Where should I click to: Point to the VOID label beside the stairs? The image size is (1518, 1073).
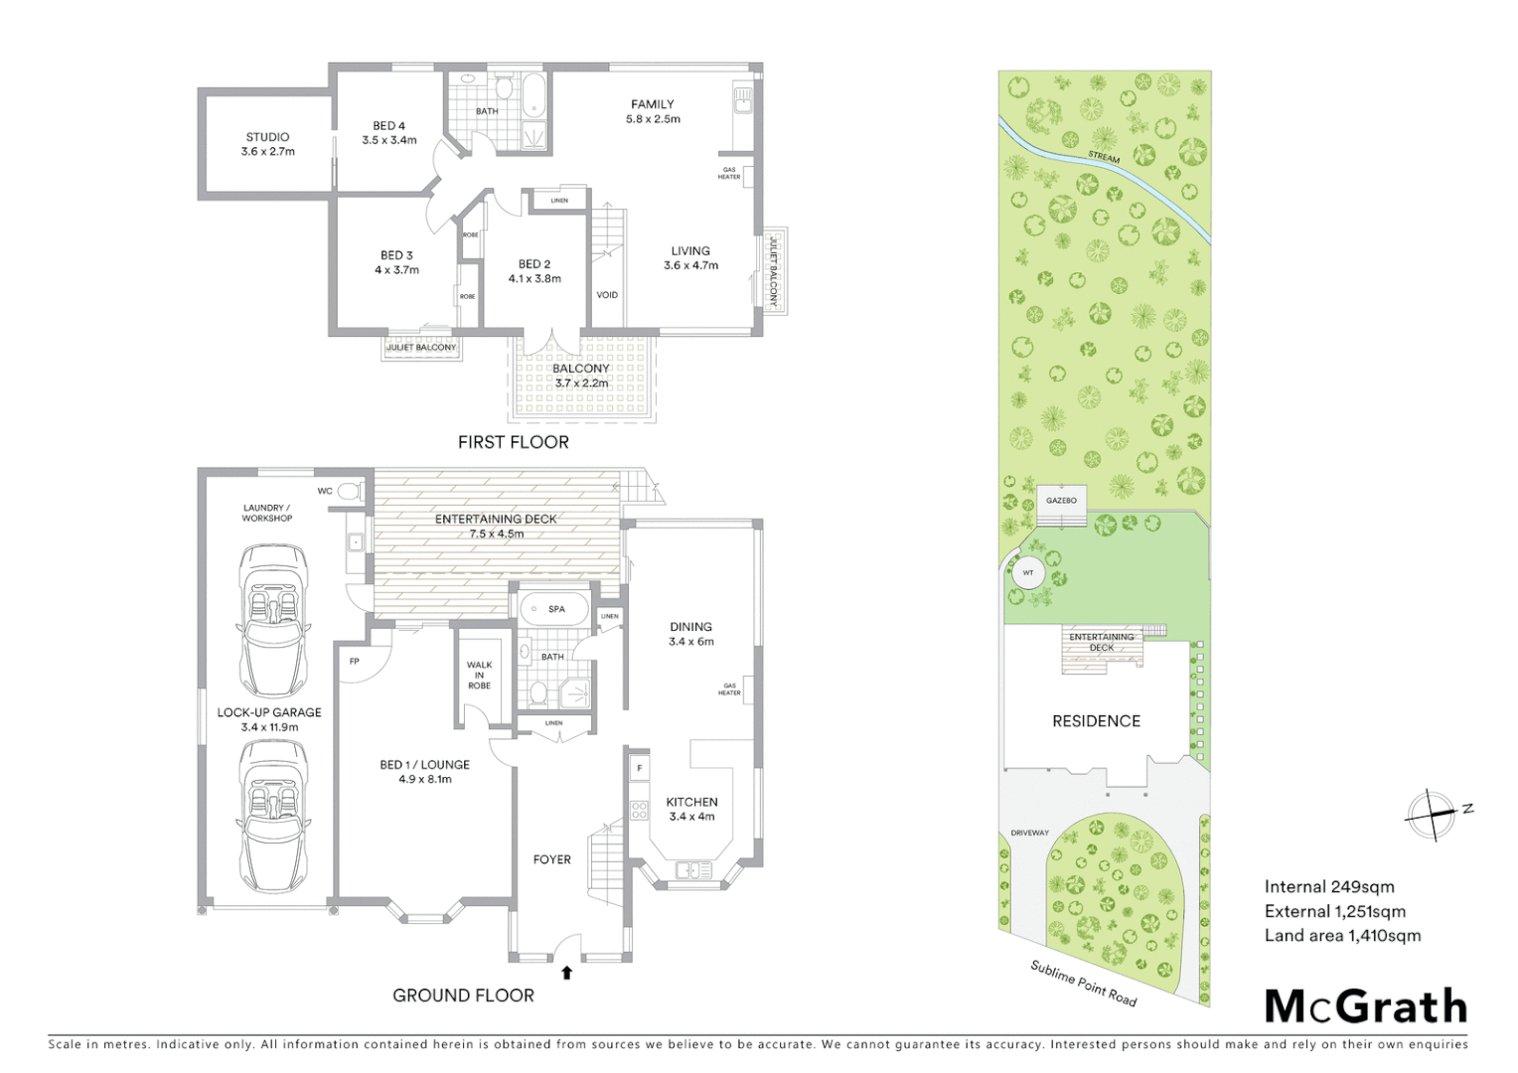click(607, 295)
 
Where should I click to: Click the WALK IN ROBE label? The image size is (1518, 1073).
click(479, 676)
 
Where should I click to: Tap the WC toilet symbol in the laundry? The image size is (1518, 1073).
click(348, 491)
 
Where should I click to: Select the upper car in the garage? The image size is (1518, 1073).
click(272, 621)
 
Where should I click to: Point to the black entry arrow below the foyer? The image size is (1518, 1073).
click(566, 973)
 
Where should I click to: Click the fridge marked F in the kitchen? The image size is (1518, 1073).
click(639, 768)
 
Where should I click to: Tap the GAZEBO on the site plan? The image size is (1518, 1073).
click(1061, 501)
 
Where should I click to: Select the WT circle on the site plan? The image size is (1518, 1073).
click(1027, 573)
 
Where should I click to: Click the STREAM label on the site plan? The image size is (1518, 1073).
click(1103, 157)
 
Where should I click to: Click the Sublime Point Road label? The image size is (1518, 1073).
click(1083, 983)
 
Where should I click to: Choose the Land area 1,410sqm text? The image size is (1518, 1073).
click(1342, 935)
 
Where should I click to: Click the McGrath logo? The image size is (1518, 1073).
click(1366, 1006)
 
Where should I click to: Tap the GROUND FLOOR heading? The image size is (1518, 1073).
click(463, 996)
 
